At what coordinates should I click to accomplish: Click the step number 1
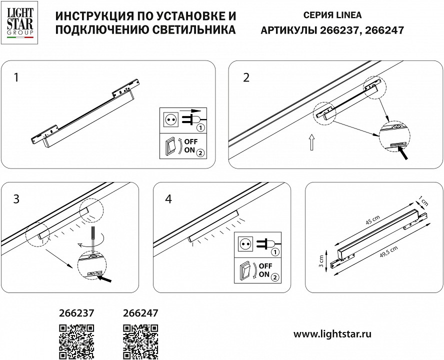[17, 77]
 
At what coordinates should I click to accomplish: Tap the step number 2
[245, 77]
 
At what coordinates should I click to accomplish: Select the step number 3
[17, 199]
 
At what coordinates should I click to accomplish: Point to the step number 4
[168, 199]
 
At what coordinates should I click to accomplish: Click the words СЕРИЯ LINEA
[331, 15]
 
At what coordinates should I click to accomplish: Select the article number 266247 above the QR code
[140, 313]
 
